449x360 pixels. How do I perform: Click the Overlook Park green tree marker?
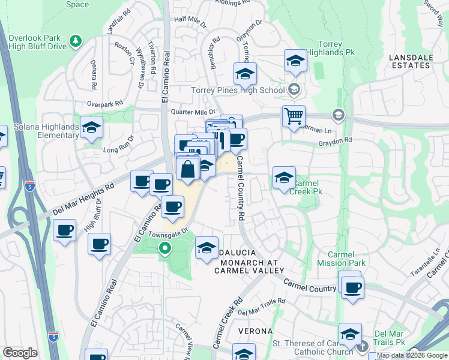[76, 41]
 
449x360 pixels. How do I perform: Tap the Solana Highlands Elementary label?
[39, 133]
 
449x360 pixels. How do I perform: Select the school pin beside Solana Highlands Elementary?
[91, 128]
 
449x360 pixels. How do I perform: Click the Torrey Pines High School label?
[238, 91]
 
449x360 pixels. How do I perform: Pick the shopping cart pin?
[294, 115]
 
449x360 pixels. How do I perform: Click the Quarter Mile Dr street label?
[193, 112]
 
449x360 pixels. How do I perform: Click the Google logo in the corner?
[20, 353]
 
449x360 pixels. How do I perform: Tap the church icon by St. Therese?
[363, 346]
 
